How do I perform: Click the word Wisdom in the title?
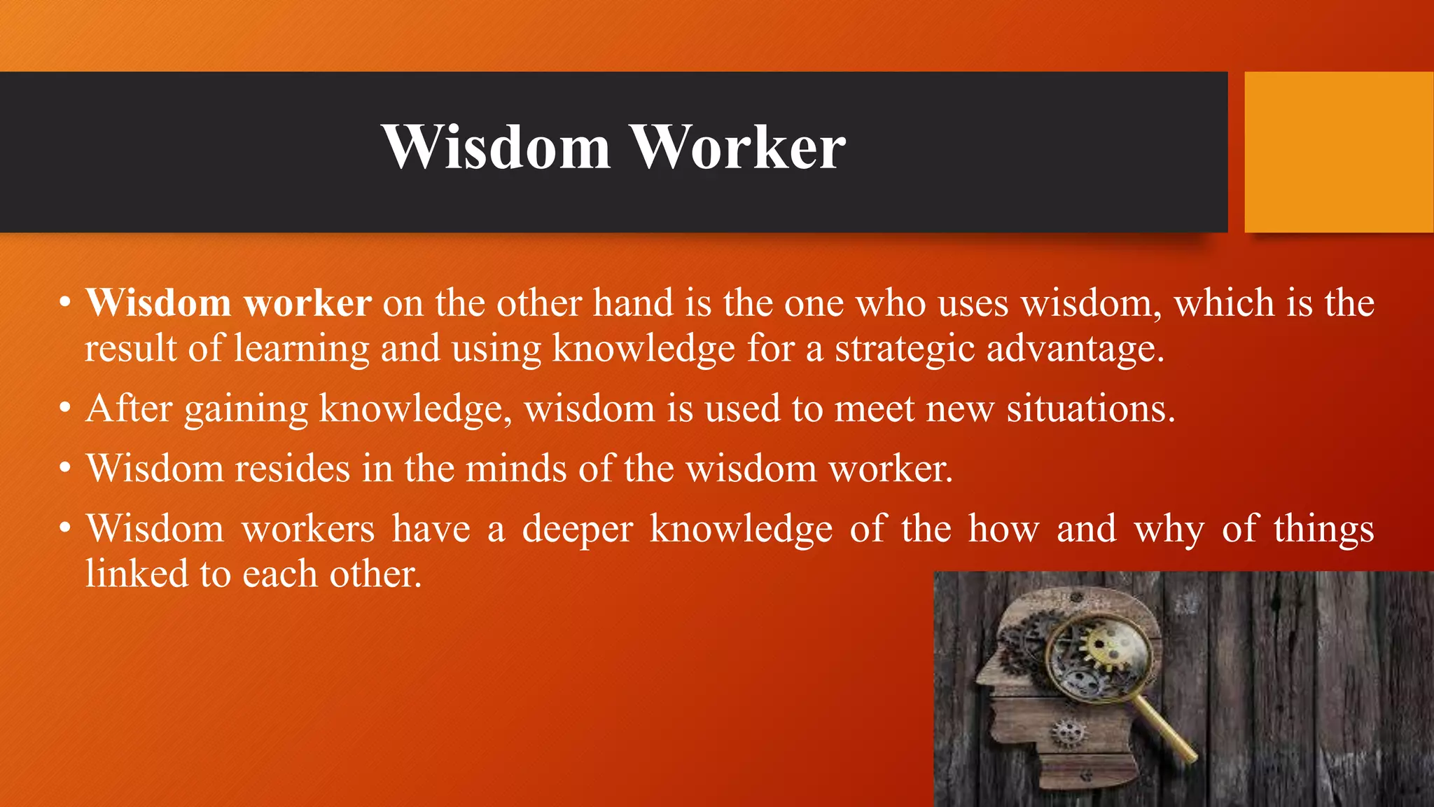tap(496, 148)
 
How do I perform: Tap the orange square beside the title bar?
tap(1338, 152)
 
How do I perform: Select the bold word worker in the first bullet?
tap(307, 304)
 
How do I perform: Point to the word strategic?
tap(905, 349)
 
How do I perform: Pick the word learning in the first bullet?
tap(301, 349)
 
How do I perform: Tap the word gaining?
tap(246, 410)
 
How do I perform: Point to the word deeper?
tap(577, 530)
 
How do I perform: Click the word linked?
tap(136, 574)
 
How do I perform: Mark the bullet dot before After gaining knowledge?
tap(65, 408)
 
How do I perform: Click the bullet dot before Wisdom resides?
tap(65, 468)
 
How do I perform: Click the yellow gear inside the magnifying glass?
tap(1104, 647)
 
